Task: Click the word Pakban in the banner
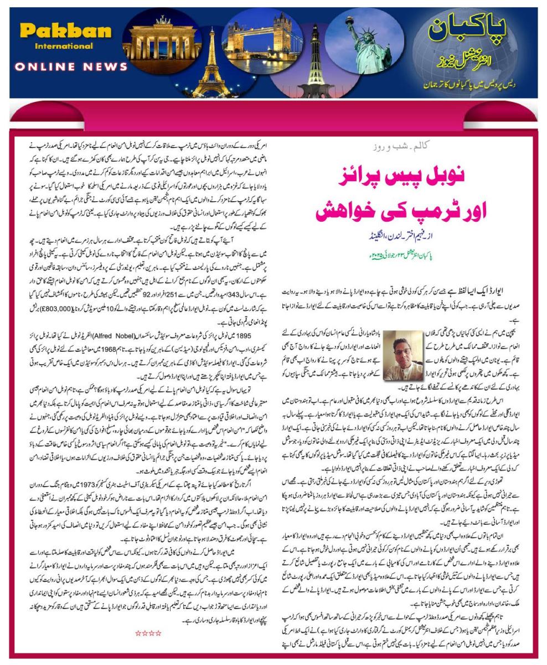tap(65, 30)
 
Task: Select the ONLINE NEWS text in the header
tap(71, 66)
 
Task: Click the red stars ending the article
tap(148, 633)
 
